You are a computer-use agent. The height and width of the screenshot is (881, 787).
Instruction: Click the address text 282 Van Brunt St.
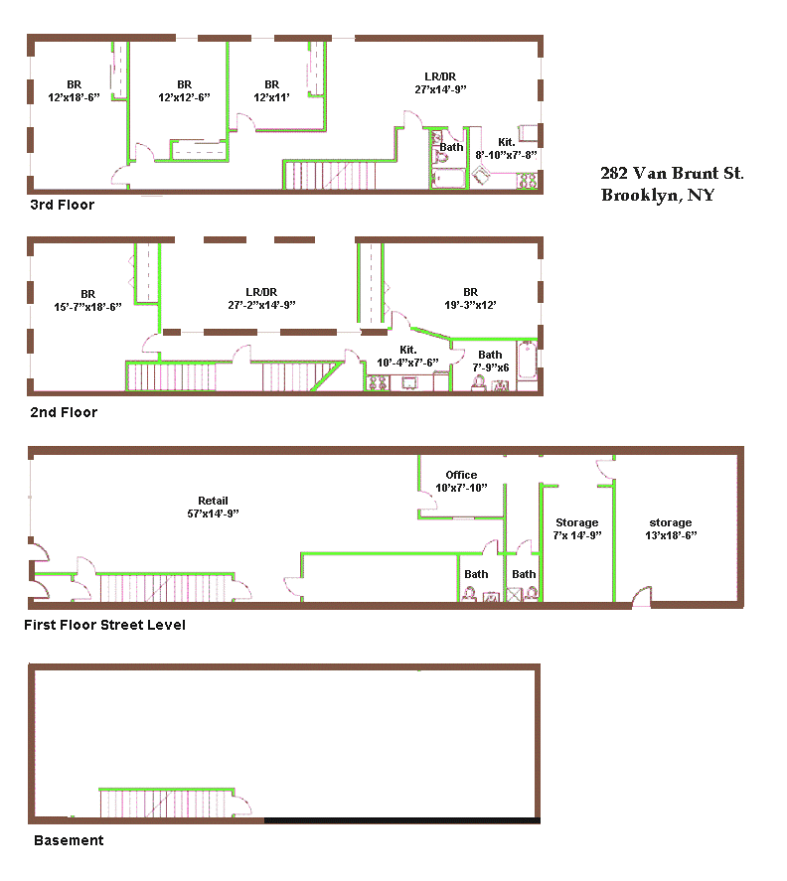click(x=672, y=173)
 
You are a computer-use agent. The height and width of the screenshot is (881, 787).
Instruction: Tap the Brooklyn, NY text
click(x=658, y=195)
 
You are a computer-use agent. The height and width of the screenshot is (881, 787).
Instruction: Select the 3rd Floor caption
click(x=63, y=205)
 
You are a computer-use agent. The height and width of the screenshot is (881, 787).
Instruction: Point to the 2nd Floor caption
click(x=64, y=412)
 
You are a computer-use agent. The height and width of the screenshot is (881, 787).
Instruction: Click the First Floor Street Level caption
click(x=104, y=625)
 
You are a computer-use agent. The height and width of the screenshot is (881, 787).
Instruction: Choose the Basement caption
click(x=69, y=840)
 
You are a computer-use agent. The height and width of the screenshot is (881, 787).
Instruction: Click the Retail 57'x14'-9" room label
click(x=213, y=507)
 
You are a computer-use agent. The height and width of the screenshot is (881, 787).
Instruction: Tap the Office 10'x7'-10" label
click(x=461, y=481)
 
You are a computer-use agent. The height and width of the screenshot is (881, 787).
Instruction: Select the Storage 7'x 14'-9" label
click(x=577, y=528)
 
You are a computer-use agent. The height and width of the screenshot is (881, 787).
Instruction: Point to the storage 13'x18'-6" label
click(x=671, y=528)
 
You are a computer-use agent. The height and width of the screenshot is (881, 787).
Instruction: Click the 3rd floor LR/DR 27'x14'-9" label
click(x=441, y=82)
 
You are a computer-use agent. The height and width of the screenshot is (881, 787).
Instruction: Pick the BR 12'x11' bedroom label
click(x=271, y=90)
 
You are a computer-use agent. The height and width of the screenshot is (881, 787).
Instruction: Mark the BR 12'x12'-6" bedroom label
click(x=185, y=90)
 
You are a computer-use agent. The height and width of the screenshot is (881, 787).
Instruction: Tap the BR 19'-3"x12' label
click(x=471, y=298)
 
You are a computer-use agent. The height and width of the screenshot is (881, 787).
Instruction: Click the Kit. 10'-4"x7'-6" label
click(x=407, y=357)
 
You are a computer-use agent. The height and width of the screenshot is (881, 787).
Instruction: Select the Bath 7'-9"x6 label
click(x=490, y=361)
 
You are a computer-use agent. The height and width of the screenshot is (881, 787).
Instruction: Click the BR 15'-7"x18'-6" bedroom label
click(x=87, y=300)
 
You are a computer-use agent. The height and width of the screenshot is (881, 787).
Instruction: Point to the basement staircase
click(x=167, y=803)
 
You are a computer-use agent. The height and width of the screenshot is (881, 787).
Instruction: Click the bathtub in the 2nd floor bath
click(x=528, y=361)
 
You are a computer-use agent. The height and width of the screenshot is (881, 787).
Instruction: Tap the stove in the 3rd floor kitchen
click(x=528, y=181)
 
